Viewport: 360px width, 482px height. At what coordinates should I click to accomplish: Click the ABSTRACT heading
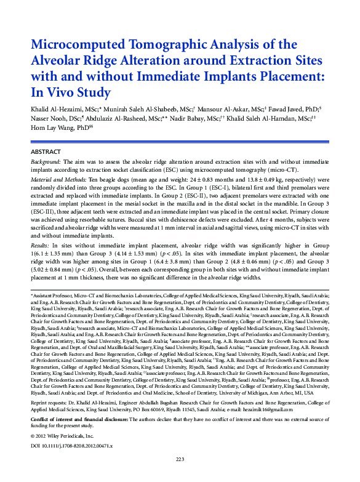point(46,151)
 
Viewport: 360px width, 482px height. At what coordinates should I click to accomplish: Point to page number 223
point(180,459)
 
